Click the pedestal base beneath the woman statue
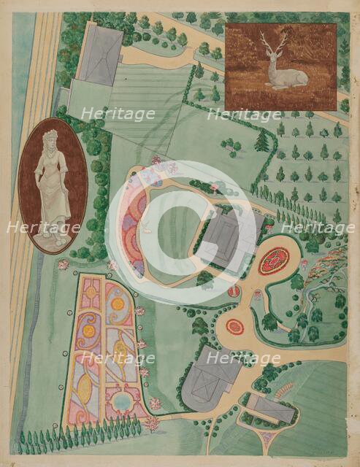[x=51, y=235]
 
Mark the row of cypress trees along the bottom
[x=80, y=439]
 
